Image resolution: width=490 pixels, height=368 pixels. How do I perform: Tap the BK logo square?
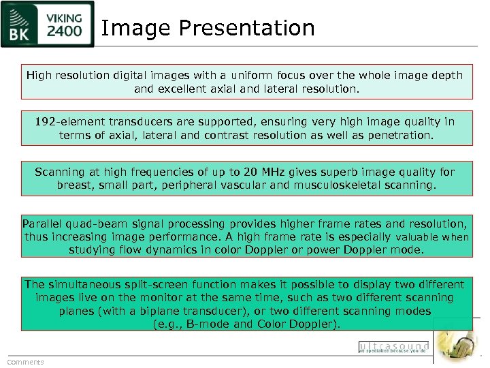tap(22, 26)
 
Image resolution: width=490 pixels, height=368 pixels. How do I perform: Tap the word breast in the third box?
tap(75, 185)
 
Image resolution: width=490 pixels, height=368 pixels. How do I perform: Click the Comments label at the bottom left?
tap(25, 362)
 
